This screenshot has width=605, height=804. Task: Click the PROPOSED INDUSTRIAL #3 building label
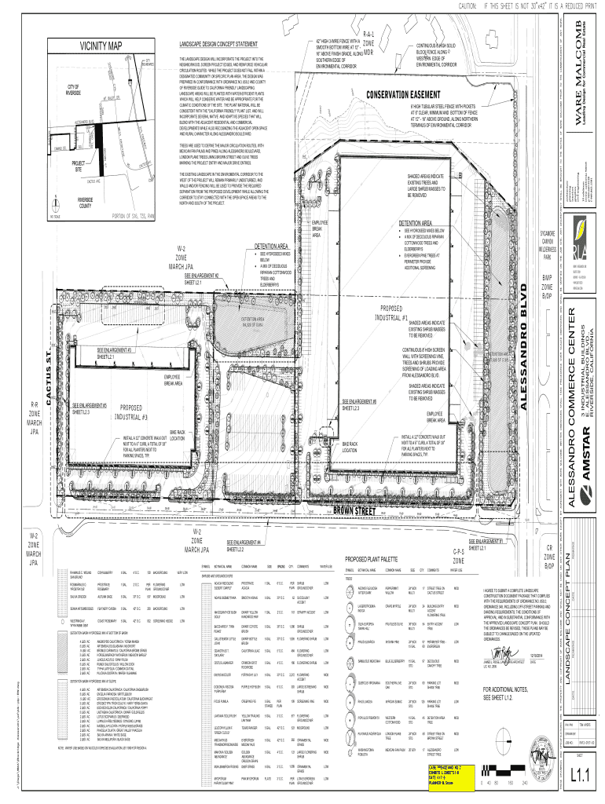(141, 411)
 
